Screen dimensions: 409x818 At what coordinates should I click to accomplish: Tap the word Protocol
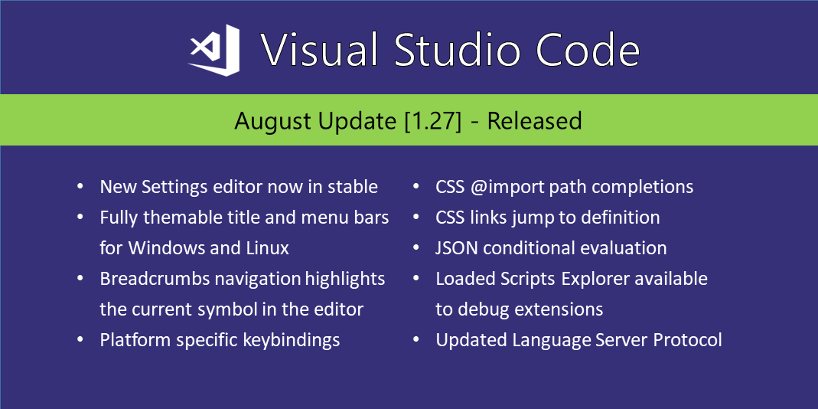(687, 340)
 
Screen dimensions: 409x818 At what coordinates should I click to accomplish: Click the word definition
(619, 218)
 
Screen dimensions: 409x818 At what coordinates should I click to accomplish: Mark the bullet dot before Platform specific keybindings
(80, 341)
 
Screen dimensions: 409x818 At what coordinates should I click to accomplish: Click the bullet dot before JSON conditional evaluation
(416, 249)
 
